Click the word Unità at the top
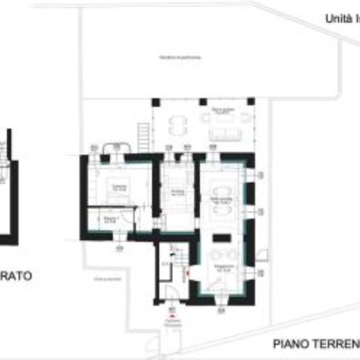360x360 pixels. click(x=337, y=18)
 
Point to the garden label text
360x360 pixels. click(x=180, y=57)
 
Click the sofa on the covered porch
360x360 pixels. click(x=226, y=134)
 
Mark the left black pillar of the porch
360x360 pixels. click(x=156, y=102)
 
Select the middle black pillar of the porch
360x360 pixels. click(x=203, y=102)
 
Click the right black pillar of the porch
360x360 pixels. click(x=251, y=102)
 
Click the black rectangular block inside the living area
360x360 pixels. click(x=222, y=238)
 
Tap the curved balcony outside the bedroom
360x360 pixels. click(x=116, y=148)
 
